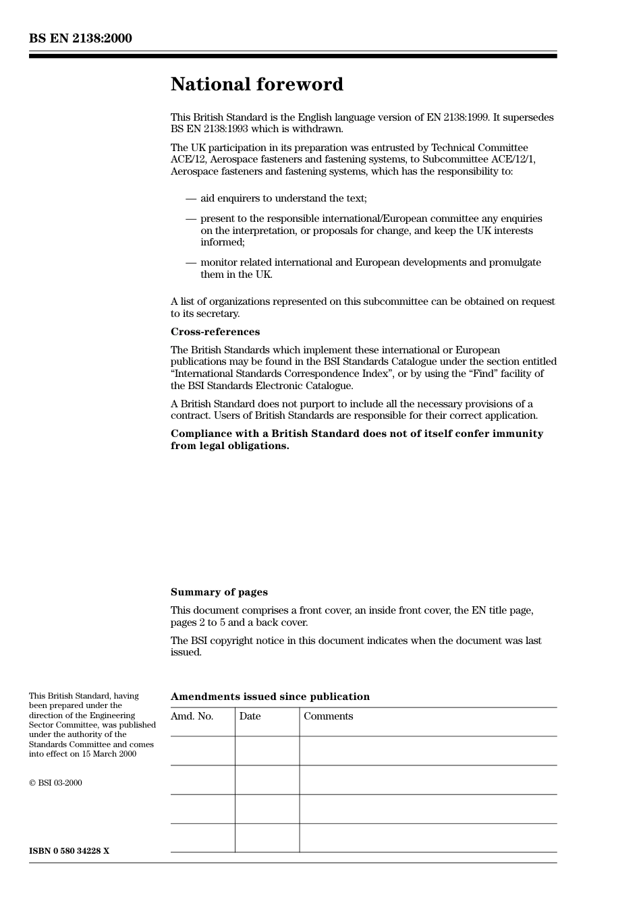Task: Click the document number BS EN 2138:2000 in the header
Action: pyautogui.click(x=80, y=38)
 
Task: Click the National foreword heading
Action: pyautogui.click(x=256, y=84)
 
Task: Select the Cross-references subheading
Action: pyautogui.click(x=215, y=332)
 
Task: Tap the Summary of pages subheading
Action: pyautogui.click(x=219, y=592)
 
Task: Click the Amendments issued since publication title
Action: pyautogui.click(x=270, y=697)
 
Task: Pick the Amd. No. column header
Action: pyautogui.click(x=192, y=716)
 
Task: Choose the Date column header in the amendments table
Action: pyautogui.click(x=250, y=716)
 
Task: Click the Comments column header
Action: pyautogui.click(x=328, y=716)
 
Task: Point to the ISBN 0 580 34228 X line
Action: pyautogui.click(x=69, y=851)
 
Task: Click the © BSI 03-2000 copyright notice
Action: pyautogui.click(x=55, y=783)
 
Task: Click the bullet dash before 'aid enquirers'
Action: pyautogui.click(x=191, y=198)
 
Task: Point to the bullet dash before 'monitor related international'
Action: pyautogui.click(x=191, y=262)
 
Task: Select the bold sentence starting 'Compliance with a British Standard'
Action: pyautogui.click(x=356, y=440)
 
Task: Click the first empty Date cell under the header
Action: pyautogui.click(x=267, y=751)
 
